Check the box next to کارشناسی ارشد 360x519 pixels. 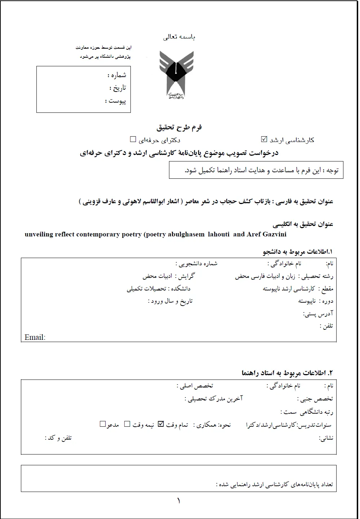264,139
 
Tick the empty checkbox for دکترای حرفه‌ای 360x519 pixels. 133,139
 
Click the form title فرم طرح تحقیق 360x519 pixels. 179,127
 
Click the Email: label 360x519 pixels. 35,337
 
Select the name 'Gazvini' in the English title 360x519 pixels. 274,234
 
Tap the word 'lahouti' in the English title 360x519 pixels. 219,234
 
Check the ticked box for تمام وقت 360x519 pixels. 161,424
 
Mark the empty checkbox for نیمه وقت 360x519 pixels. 127,424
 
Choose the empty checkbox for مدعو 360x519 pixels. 103,424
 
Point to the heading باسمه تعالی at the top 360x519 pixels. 179,37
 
